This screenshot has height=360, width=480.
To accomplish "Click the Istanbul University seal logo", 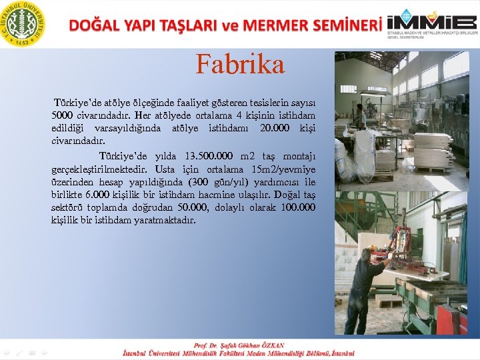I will click(x=23, y=23).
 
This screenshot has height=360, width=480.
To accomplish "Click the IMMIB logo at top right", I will click(x=432, y=23).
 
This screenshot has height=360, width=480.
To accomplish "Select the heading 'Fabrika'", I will click(x=240, y=64).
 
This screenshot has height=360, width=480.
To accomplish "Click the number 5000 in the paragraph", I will click(x=66, y=116).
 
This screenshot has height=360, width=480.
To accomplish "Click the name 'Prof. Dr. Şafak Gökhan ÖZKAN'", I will click(x=239, y=345).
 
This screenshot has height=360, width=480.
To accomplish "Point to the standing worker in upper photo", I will click(x=361, y=117).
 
